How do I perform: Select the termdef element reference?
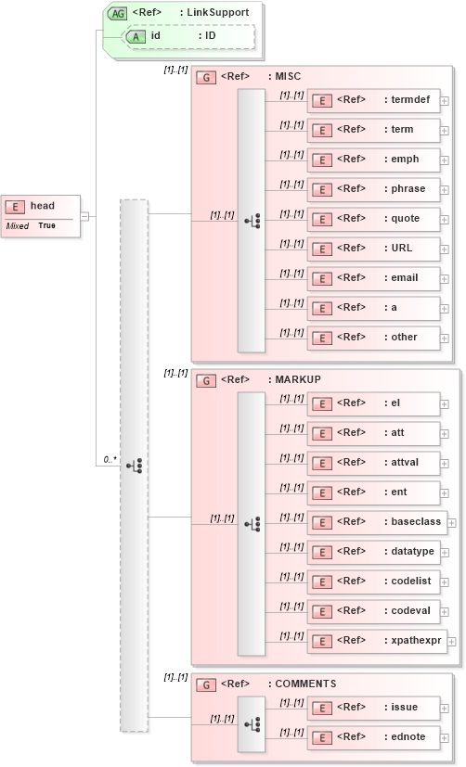(373, 99)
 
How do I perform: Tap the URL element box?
(373, 248)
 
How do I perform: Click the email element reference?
(373, 277)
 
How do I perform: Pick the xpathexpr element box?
(377, 640)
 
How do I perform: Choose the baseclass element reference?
(377, 521)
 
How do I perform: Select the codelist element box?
(373, 581)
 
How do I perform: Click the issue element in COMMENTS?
(373, 707)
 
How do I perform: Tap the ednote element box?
(373, 736)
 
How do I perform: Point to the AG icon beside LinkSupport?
(118, 13)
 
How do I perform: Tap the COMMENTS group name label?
(304, 684)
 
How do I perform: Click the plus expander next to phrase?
(445, 189)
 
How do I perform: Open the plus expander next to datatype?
(445, 552)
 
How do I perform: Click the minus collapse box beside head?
(84, 216)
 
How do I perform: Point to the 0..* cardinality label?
(109, 459)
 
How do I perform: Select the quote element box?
(373, 218)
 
